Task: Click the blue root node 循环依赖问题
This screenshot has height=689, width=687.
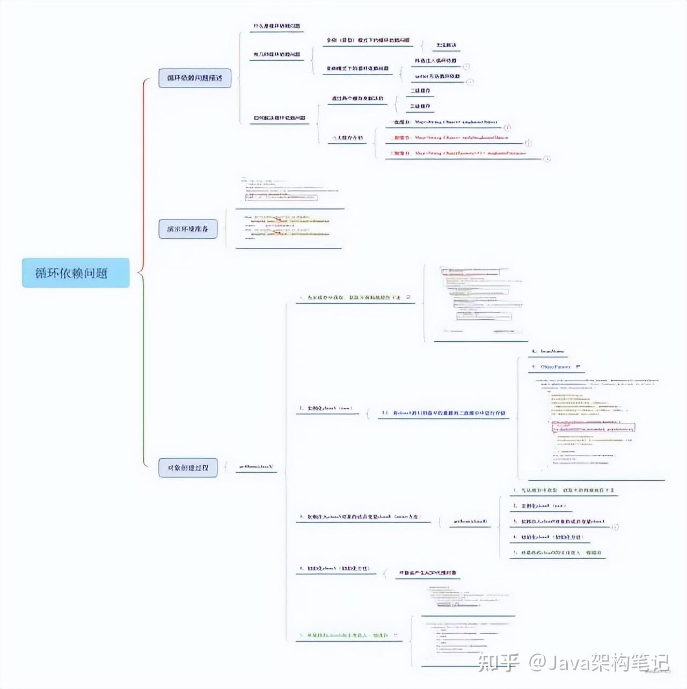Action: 76,273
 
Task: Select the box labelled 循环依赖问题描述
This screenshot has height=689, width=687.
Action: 194,78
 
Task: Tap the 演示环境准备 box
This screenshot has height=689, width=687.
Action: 187,229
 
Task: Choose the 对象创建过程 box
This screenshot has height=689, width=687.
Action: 187,467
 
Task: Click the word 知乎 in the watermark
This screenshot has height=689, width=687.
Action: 498,662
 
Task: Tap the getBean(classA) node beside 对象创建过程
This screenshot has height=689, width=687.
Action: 256,467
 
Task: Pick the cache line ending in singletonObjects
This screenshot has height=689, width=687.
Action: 444,122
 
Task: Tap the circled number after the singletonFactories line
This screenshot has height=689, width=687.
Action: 547,159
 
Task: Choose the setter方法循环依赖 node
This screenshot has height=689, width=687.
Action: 437,76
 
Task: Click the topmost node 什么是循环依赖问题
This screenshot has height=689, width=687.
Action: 276,26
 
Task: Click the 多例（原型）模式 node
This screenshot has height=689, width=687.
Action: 368,40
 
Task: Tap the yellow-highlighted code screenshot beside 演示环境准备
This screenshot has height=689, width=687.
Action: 287,226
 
